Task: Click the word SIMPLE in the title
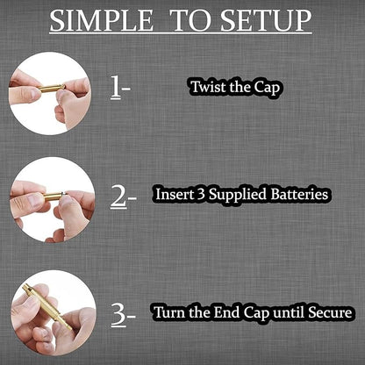101,20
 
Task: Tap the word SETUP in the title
266,20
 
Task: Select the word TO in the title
190,20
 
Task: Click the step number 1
116,87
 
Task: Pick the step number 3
119,314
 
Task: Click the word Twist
207,87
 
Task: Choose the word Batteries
299,194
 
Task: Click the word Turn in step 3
169,312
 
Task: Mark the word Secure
330,312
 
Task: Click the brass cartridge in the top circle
52,88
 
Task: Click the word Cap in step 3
256,313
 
